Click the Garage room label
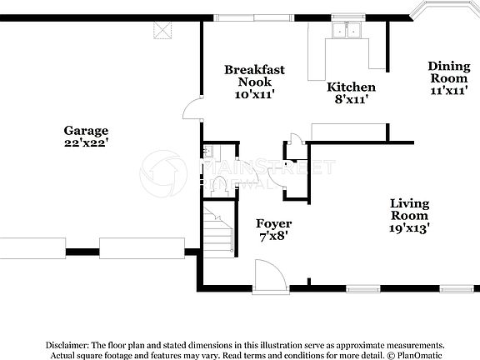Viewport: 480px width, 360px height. click(86, 131)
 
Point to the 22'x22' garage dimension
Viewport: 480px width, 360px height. click(86, 143)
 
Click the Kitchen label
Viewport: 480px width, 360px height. click(350, 87)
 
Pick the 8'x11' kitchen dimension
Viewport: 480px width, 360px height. click(350, 99)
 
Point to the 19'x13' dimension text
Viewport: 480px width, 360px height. click(409, 227)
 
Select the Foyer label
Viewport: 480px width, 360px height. click(273, 223)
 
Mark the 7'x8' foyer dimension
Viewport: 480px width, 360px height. click(273, 236)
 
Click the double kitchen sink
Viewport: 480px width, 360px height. click(347, 31)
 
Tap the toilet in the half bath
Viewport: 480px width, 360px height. click(218, 185)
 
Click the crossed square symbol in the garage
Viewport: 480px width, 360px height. click(162, 31)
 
